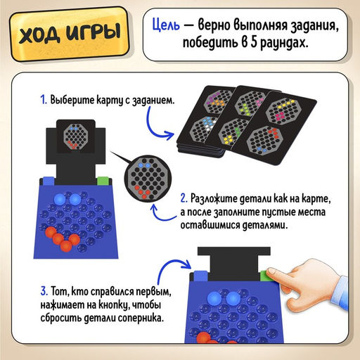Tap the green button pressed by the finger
coord(265,276)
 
